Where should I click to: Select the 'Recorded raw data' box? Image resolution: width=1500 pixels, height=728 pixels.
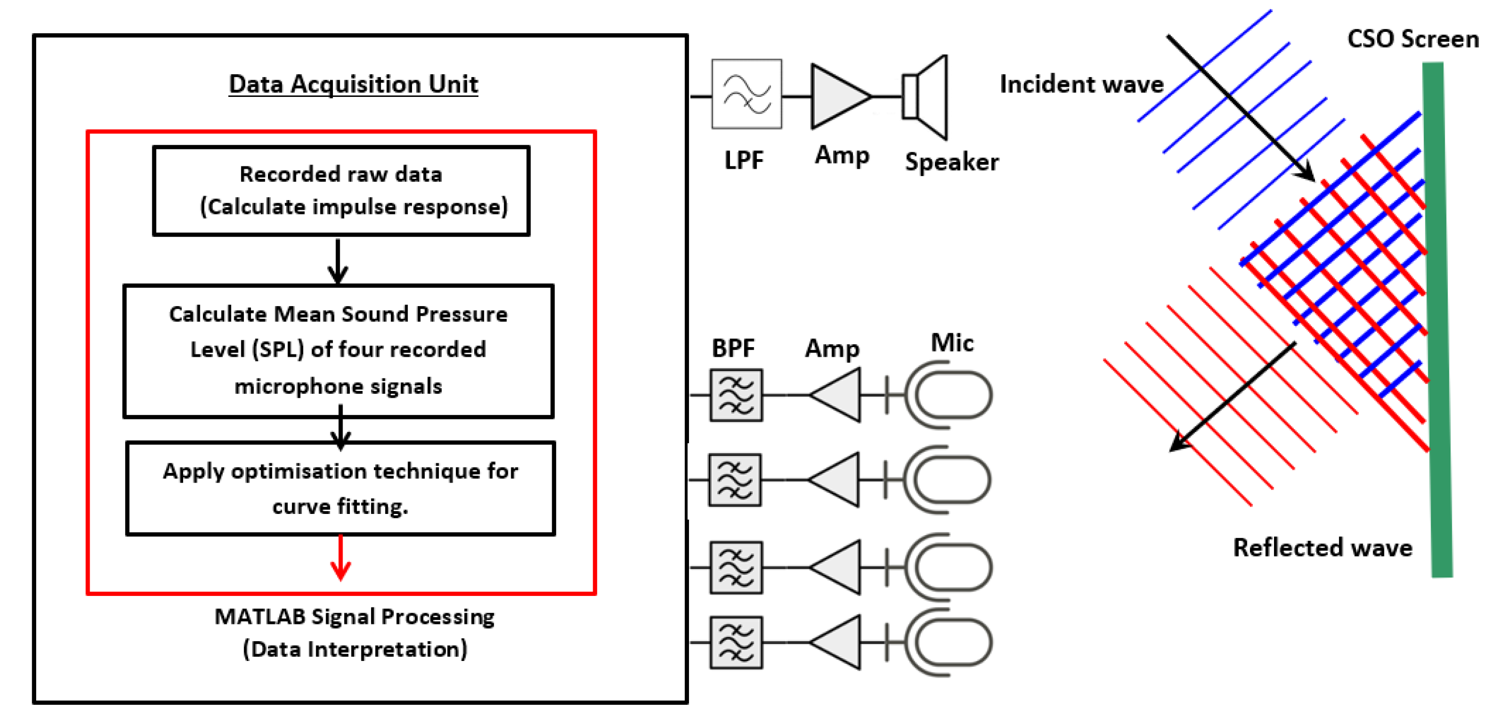(x=341, y=190)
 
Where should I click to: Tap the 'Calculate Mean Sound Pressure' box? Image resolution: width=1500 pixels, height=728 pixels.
(x=338, y=351)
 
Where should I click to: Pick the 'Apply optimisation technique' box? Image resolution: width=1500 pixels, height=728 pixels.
(x=341, y=488)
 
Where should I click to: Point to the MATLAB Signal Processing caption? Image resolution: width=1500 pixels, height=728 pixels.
(x=354, y=632)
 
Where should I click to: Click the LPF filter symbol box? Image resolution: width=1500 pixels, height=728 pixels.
(x=746, y=94)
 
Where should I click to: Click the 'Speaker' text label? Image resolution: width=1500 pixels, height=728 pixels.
(x=952, y=162)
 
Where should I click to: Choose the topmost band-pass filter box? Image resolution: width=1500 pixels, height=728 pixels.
(x=736, y=395)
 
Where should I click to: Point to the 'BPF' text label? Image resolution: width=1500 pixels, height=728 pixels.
(x=732, y=348)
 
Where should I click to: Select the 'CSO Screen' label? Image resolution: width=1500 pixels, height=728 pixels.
(x=1413, y=40)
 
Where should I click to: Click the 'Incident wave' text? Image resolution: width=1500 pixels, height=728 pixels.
(x=1081, y=84)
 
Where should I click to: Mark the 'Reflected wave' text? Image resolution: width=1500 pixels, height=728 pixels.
(x=1322, y=548)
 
